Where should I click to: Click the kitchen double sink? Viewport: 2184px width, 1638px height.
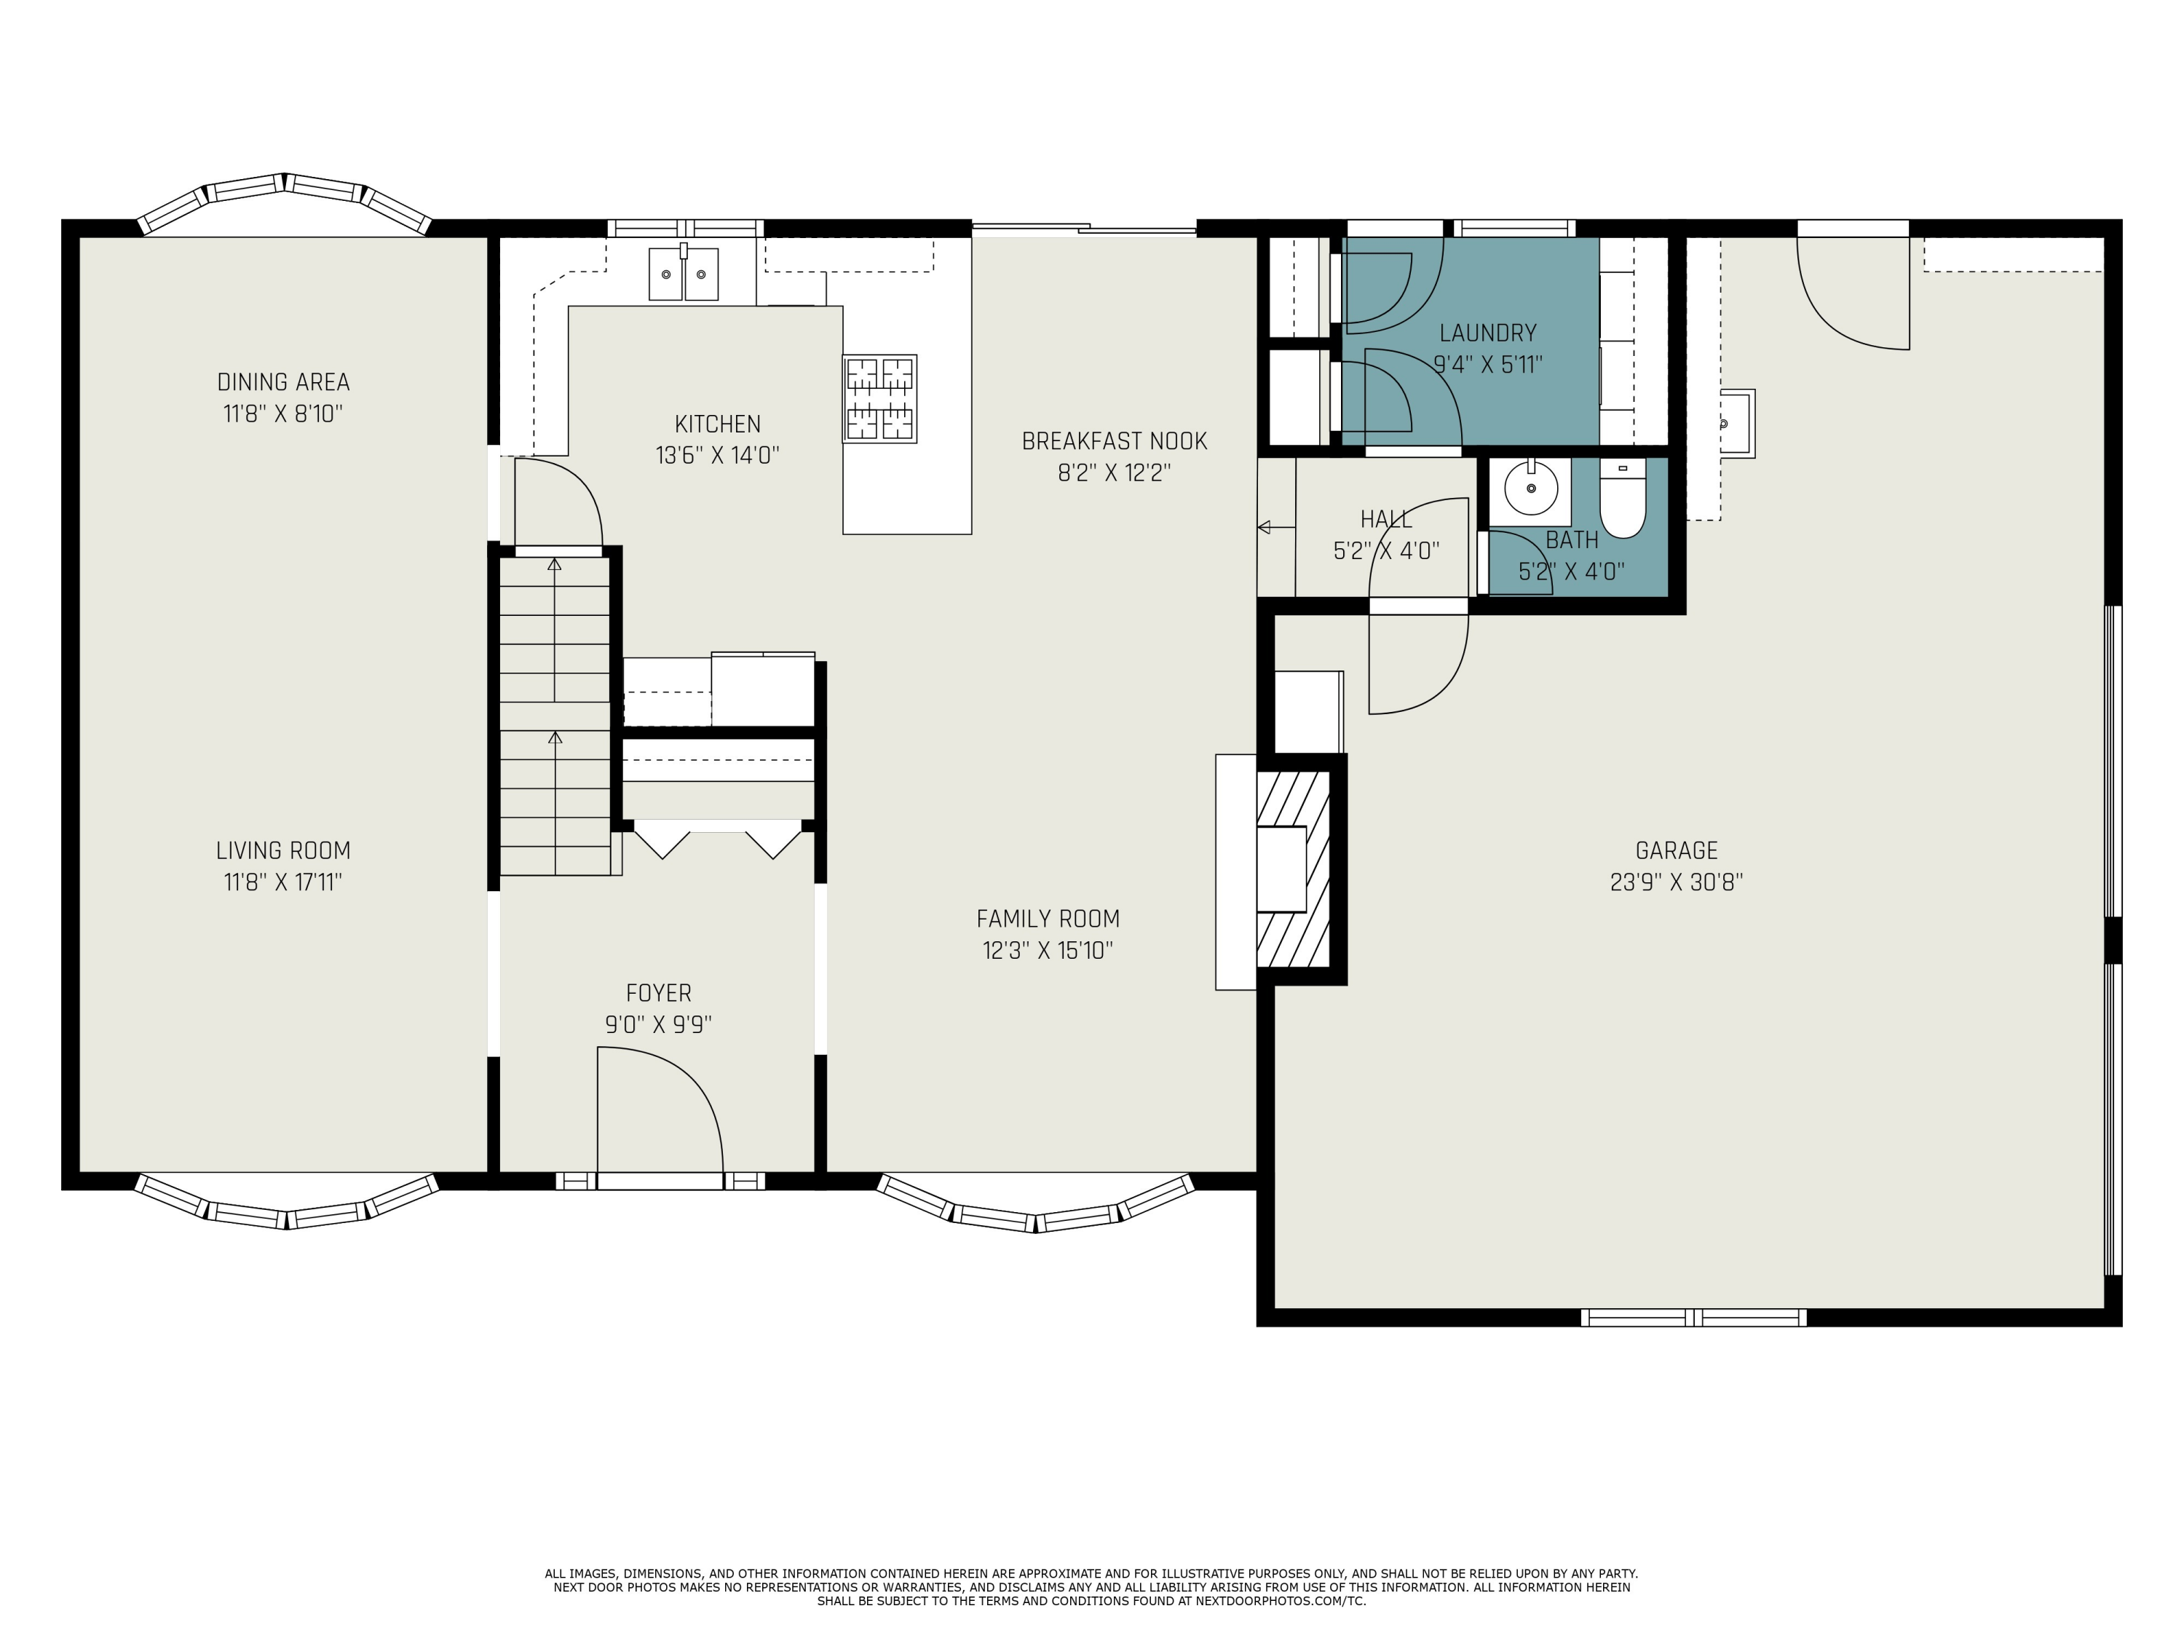click(x=684, y=274)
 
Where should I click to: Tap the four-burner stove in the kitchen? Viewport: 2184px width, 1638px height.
click(x=879, y=399)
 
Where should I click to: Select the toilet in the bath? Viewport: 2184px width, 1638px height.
click(x=1622, y=502)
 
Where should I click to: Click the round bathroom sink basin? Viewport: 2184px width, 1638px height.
click(x=1530, y=488)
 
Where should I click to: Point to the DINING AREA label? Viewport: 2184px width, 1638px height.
click(x=283, y=382)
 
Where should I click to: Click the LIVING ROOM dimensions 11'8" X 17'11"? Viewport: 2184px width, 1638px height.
click(x=283, y=882)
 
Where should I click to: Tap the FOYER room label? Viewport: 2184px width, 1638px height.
click(x=659, y=992)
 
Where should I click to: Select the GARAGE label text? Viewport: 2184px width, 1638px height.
click(x=1676, y=850)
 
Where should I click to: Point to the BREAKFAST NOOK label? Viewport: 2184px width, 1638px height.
click(x=1114, y=440)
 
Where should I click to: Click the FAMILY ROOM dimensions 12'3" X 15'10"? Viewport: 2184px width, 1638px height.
click(x=1048, y=950)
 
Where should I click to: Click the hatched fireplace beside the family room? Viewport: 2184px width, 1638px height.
click(x=1294, y=869)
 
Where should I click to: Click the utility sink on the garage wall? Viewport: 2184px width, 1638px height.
click(x=1736, y=422)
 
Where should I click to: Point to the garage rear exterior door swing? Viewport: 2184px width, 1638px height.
click(x=1853, y=291)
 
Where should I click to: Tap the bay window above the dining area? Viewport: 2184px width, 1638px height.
click(x=285, y=197)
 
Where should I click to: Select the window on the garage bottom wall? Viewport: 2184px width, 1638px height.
click(x=1693, y=1316)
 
